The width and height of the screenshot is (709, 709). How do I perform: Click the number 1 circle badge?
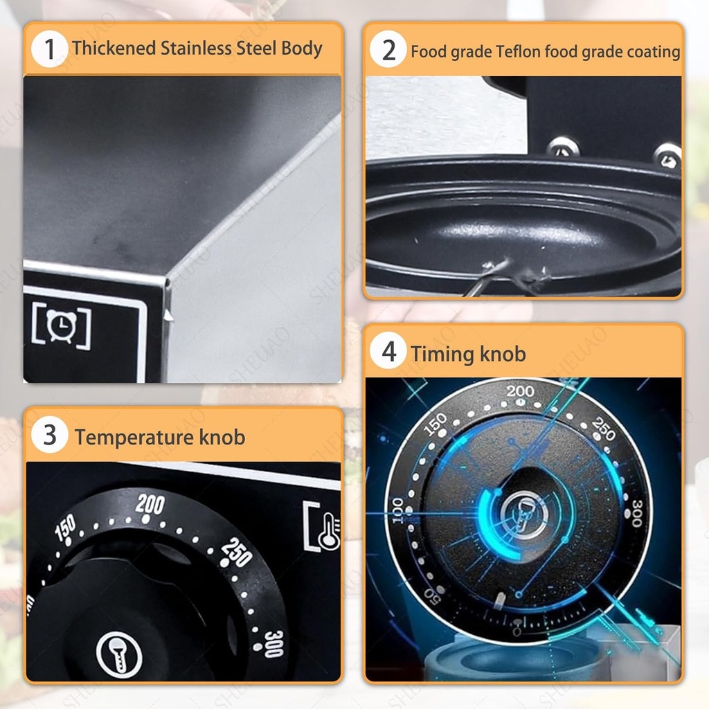[50, 49]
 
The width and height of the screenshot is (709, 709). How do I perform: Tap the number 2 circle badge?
[388, 49]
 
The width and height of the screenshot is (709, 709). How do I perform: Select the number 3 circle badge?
[50, 435]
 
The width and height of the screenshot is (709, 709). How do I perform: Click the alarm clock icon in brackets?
[62, 325]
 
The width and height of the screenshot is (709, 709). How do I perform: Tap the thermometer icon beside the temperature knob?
[323, 527]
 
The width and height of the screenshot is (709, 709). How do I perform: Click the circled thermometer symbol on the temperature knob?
[119, 655]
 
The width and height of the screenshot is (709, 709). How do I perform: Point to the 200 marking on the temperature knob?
[150, 504]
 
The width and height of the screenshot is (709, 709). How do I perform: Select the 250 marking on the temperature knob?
[237, 552]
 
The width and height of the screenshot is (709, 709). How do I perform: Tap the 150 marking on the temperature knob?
[65, 527]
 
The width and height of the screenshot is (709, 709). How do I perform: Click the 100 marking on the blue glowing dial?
[397, 510]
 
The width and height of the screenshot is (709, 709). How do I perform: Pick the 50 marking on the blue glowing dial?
[432, 596]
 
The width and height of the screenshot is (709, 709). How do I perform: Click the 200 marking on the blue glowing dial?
[520, 391]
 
